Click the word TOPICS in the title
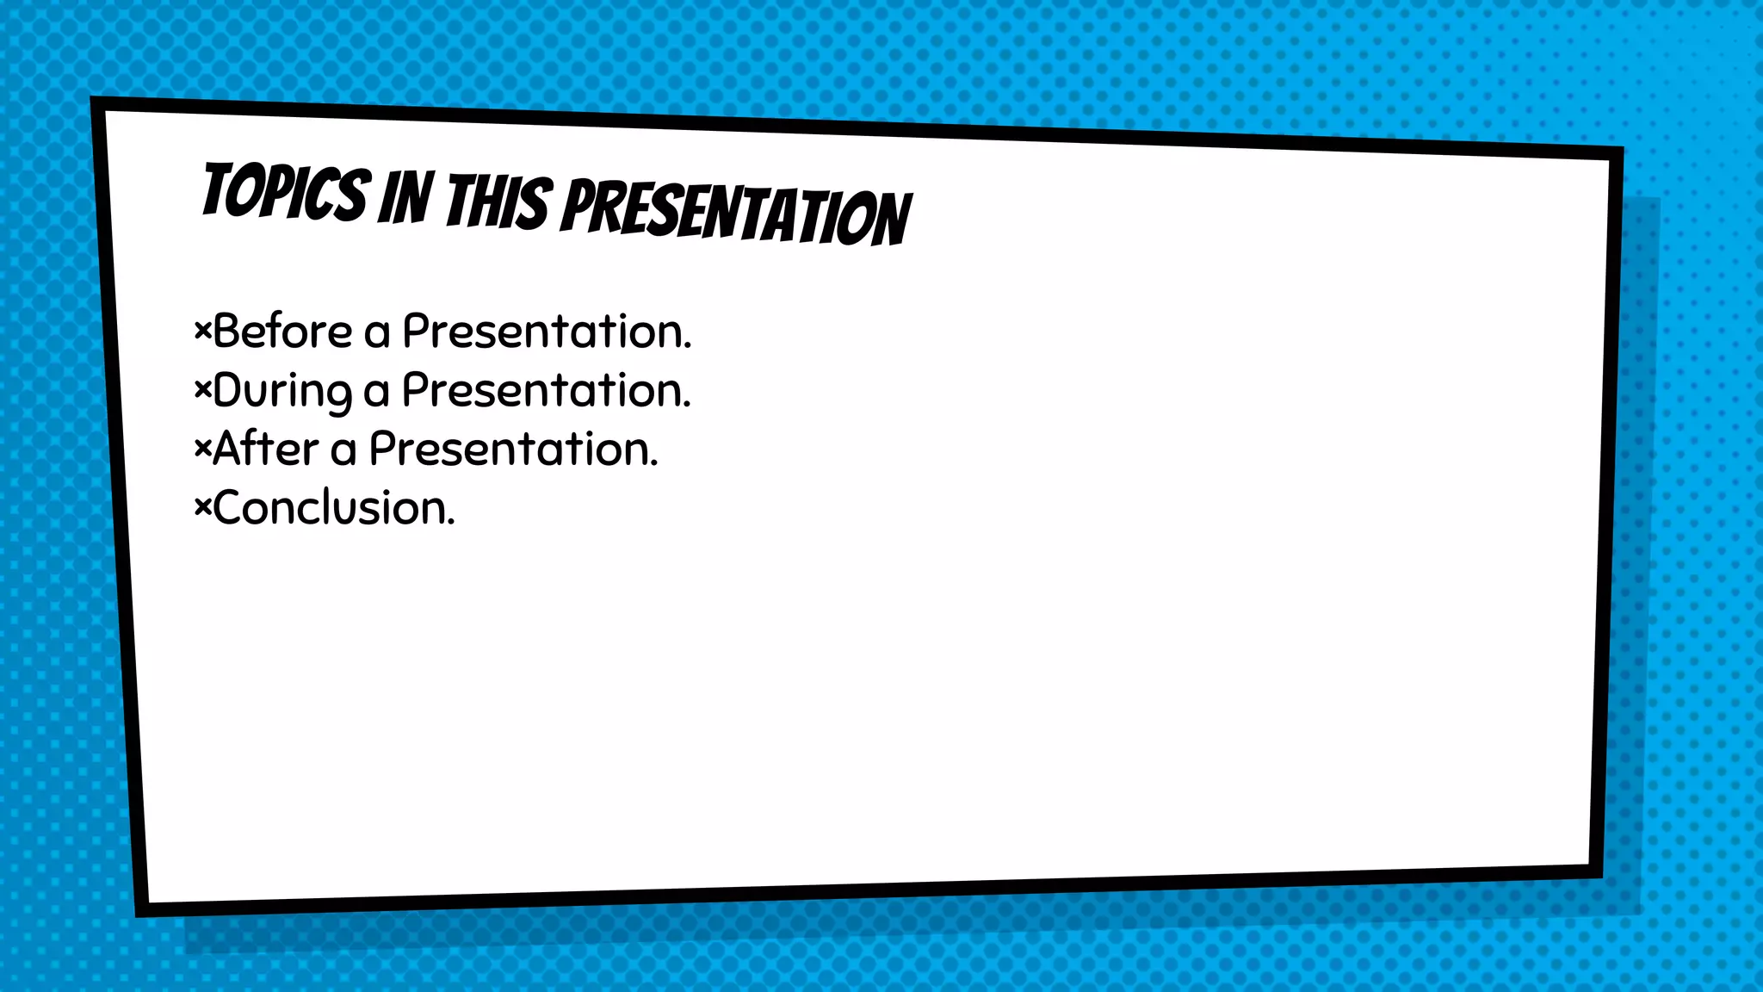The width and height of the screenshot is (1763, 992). coord(286,192)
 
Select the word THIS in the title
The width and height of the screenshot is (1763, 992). coord(497,203)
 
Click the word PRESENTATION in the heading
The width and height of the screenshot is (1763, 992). coord(736,212)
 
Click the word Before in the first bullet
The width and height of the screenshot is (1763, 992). coord(282,332)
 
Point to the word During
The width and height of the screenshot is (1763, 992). coord(282,392)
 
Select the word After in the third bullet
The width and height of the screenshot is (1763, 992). coord(265,449)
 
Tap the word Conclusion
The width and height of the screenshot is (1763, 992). coord(334,508)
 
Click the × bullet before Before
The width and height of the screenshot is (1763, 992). coord(202,331)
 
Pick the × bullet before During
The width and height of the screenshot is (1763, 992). coord(202,390)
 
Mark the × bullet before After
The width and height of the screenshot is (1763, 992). coord(202,449)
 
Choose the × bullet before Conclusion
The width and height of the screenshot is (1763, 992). coord(202,508)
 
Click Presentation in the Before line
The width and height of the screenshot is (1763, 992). coord(547,332)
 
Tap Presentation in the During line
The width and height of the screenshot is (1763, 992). coord(546,391)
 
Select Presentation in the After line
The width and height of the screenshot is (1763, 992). coord(513,449)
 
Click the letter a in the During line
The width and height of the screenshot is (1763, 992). coord(376,394)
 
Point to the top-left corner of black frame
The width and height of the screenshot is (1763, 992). coord(97,104)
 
